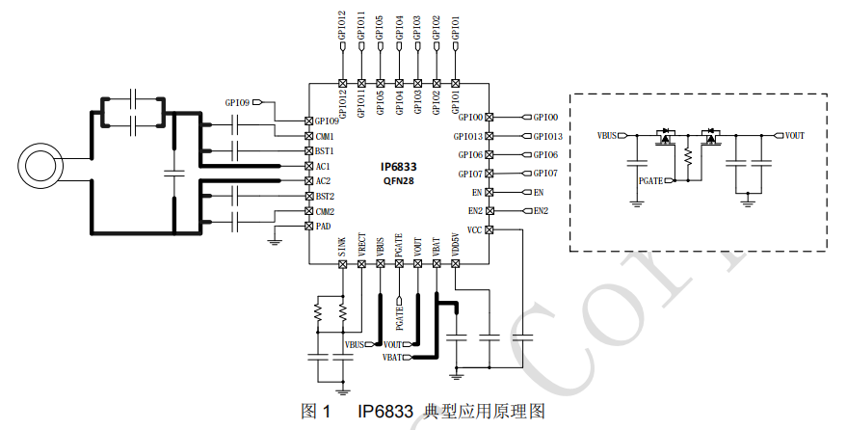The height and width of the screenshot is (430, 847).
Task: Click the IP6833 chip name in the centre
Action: coord(398,166)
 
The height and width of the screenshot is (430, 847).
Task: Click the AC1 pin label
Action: coord(324,166)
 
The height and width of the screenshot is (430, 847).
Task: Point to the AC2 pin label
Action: coord(324,181)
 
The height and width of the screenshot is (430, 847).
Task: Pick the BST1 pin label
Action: coord(325,151)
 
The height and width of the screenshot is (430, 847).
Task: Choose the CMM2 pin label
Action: coord(326,211)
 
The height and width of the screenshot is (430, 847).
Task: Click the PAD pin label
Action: coord(324,226)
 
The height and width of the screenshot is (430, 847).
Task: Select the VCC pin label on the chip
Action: coord(474,229)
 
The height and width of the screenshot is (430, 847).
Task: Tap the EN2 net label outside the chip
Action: coord(541,211)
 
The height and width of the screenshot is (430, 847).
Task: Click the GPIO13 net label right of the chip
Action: coord(547,136)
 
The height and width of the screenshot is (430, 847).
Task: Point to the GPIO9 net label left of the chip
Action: coord(237,101)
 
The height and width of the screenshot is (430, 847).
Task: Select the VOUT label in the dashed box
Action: coord(795,136)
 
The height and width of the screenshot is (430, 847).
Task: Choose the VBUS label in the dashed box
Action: coord(608,136)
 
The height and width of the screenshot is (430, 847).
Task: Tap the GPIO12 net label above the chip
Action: coord(342,25)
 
